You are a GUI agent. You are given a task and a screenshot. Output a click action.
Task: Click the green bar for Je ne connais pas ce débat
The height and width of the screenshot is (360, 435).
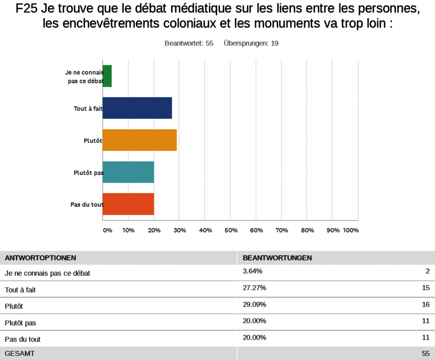[x=107, y=76]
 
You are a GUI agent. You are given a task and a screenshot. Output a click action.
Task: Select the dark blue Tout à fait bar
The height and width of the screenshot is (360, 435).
[x=137, y=108]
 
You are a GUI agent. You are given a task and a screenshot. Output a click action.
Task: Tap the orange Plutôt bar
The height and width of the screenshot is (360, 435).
[x=140, y=140]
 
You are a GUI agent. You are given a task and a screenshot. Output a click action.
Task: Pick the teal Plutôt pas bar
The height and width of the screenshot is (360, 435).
[x=128, y=172]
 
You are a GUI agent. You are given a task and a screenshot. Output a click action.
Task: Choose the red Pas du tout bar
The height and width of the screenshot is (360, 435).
[x=128, y=204]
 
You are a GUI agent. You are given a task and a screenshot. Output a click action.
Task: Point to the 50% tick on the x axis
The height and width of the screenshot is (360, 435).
[x=231, y=230]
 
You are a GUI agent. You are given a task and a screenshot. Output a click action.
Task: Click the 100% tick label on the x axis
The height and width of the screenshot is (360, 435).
[x=351, y=230]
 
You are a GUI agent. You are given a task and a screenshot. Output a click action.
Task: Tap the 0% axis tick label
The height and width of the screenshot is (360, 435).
[x=107, y=230]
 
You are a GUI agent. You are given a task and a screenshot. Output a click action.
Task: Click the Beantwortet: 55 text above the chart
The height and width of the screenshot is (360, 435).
[x=189, y=43]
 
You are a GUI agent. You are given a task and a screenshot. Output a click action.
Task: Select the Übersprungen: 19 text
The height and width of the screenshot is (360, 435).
[x=251, y=43]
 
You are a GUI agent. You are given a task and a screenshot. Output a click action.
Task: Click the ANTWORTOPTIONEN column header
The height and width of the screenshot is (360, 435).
[x=40, y=258]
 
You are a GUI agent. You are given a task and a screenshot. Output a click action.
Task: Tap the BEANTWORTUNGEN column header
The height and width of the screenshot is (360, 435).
[x=277, y=258]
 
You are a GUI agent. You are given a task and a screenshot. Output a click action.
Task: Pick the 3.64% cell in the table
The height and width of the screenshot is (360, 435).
[x=252, y=272]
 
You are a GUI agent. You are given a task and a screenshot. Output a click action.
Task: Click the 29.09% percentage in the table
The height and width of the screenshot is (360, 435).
[x=255, y=304]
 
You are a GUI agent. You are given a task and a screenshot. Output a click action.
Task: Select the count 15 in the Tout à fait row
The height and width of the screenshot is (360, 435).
[x=425, y=288]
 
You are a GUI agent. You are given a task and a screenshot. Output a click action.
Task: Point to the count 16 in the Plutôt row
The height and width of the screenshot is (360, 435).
[x=425, y=304]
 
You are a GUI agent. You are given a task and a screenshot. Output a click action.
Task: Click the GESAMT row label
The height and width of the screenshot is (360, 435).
[x=19, y=353]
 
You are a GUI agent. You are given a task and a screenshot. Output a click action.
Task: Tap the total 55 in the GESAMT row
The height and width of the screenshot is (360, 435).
[x=425, y=353]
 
